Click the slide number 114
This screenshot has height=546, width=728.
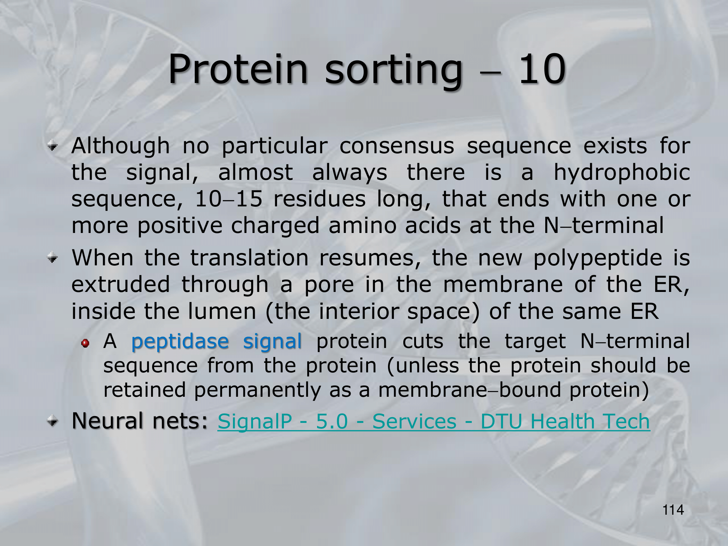[673, 510]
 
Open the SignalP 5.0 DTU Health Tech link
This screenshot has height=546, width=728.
[434, 422]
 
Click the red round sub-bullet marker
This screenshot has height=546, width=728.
[85, 343]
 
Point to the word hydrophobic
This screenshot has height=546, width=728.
[622, 172]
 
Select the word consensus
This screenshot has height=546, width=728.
[397, 146]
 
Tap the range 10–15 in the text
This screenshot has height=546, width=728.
[229, 199]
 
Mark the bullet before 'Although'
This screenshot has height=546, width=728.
[53, 147]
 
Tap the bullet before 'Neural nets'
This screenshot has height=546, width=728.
[53, 422]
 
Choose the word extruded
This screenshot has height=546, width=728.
[121, 284]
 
